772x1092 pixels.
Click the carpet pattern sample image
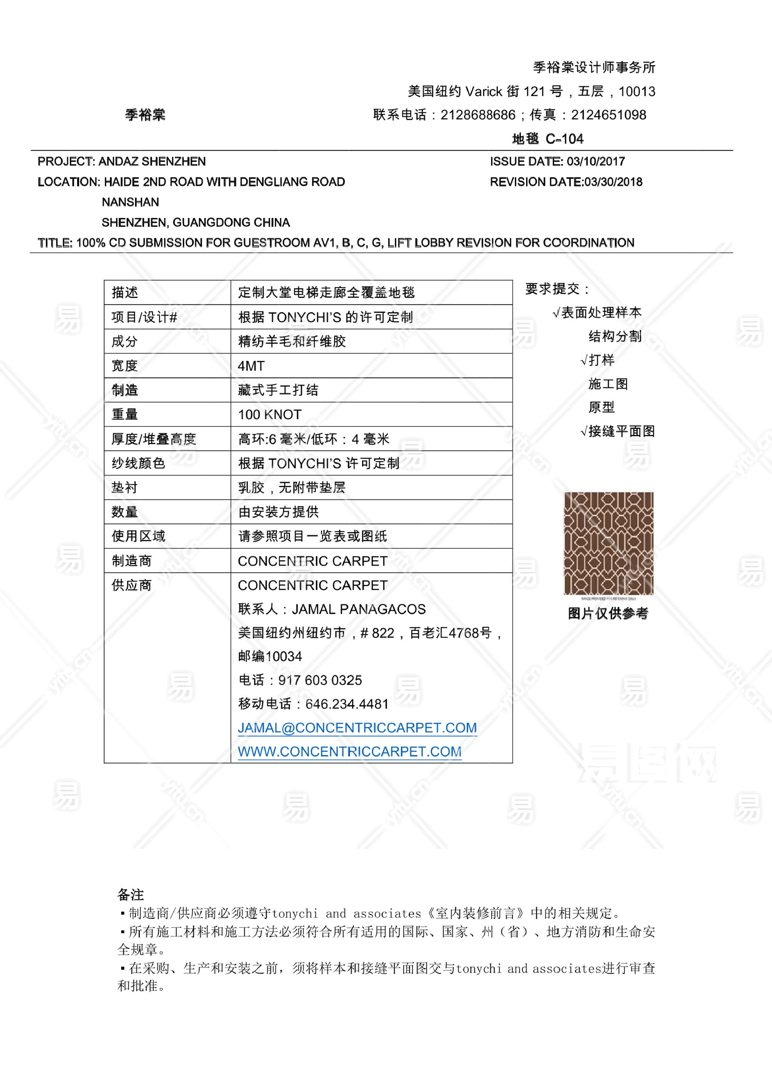tap(608, 543)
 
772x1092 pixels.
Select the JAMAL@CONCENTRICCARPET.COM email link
tap(357, 728)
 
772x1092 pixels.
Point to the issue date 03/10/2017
tap(596, 162)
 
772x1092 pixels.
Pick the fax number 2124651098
tap(608, 115)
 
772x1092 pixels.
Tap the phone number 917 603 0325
tap(320, 680)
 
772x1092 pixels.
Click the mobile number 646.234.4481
tap(347, 704)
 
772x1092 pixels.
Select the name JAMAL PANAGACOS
tap(358, 609)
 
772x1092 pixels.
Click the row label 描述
tap(125, 292)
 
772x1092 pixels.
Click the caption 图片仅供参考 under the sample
tap(608, 614)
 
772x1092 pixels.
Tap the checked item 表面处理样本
tap(601, 313)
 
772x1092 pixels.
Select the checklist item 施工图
tap(608, 384)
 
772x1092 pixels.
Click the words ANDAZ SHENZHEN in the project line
tap(152, 162)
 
